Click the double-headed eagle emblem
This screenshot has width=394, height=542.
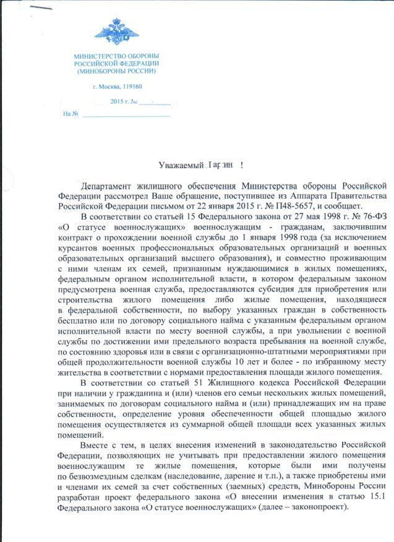tap(116, 31)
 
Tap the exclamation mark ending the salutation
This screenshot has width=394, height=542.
tap(241, 165)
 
